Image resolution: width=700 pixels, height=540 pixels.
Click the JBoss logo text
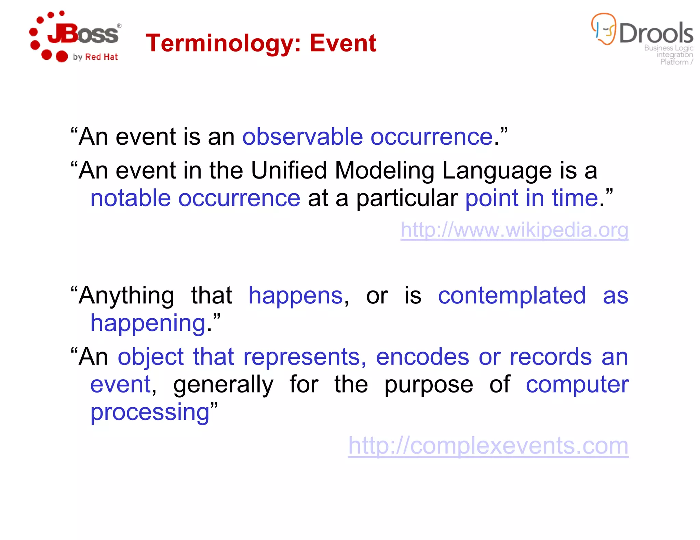tap(84, 34)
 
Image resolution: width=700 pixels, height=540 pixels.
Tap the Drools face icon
tap(604, 29)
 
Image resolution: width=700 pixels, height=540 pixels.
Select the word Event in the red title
tap(343, 43)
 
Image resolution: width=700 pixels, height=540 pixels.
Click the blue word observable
tap(302, 137)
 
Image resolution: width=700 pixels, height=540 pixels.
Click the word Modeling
tap(384, 170)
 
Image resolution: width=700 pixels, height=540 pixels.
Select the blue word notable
tap(130, 198)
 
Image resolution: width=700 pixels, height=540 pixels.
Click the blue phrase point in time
tap(531, 198)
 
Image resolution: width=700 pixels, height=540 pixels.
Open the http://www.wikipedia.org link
tap(514, 230)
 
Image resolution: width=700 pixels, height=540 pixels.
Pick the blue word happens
tap(295, 296)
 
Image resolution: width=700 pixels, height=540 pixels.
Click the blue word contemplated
tap(512, 296)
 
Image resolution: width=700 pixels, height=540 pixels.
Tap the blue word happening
tap(148, 323)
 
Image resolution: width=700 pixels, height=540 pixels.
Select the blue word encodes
tap(422, 357)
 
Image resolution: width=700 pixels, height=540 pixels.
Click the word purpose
tap(429, 385)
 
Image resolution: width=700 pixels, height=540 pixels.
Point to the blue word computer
tap(577, 385)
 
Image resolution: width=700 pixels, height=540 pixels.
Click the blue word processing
tap(150, 412)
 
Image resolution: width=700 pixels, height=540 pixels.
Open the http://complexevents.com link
tap(488, 446)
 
